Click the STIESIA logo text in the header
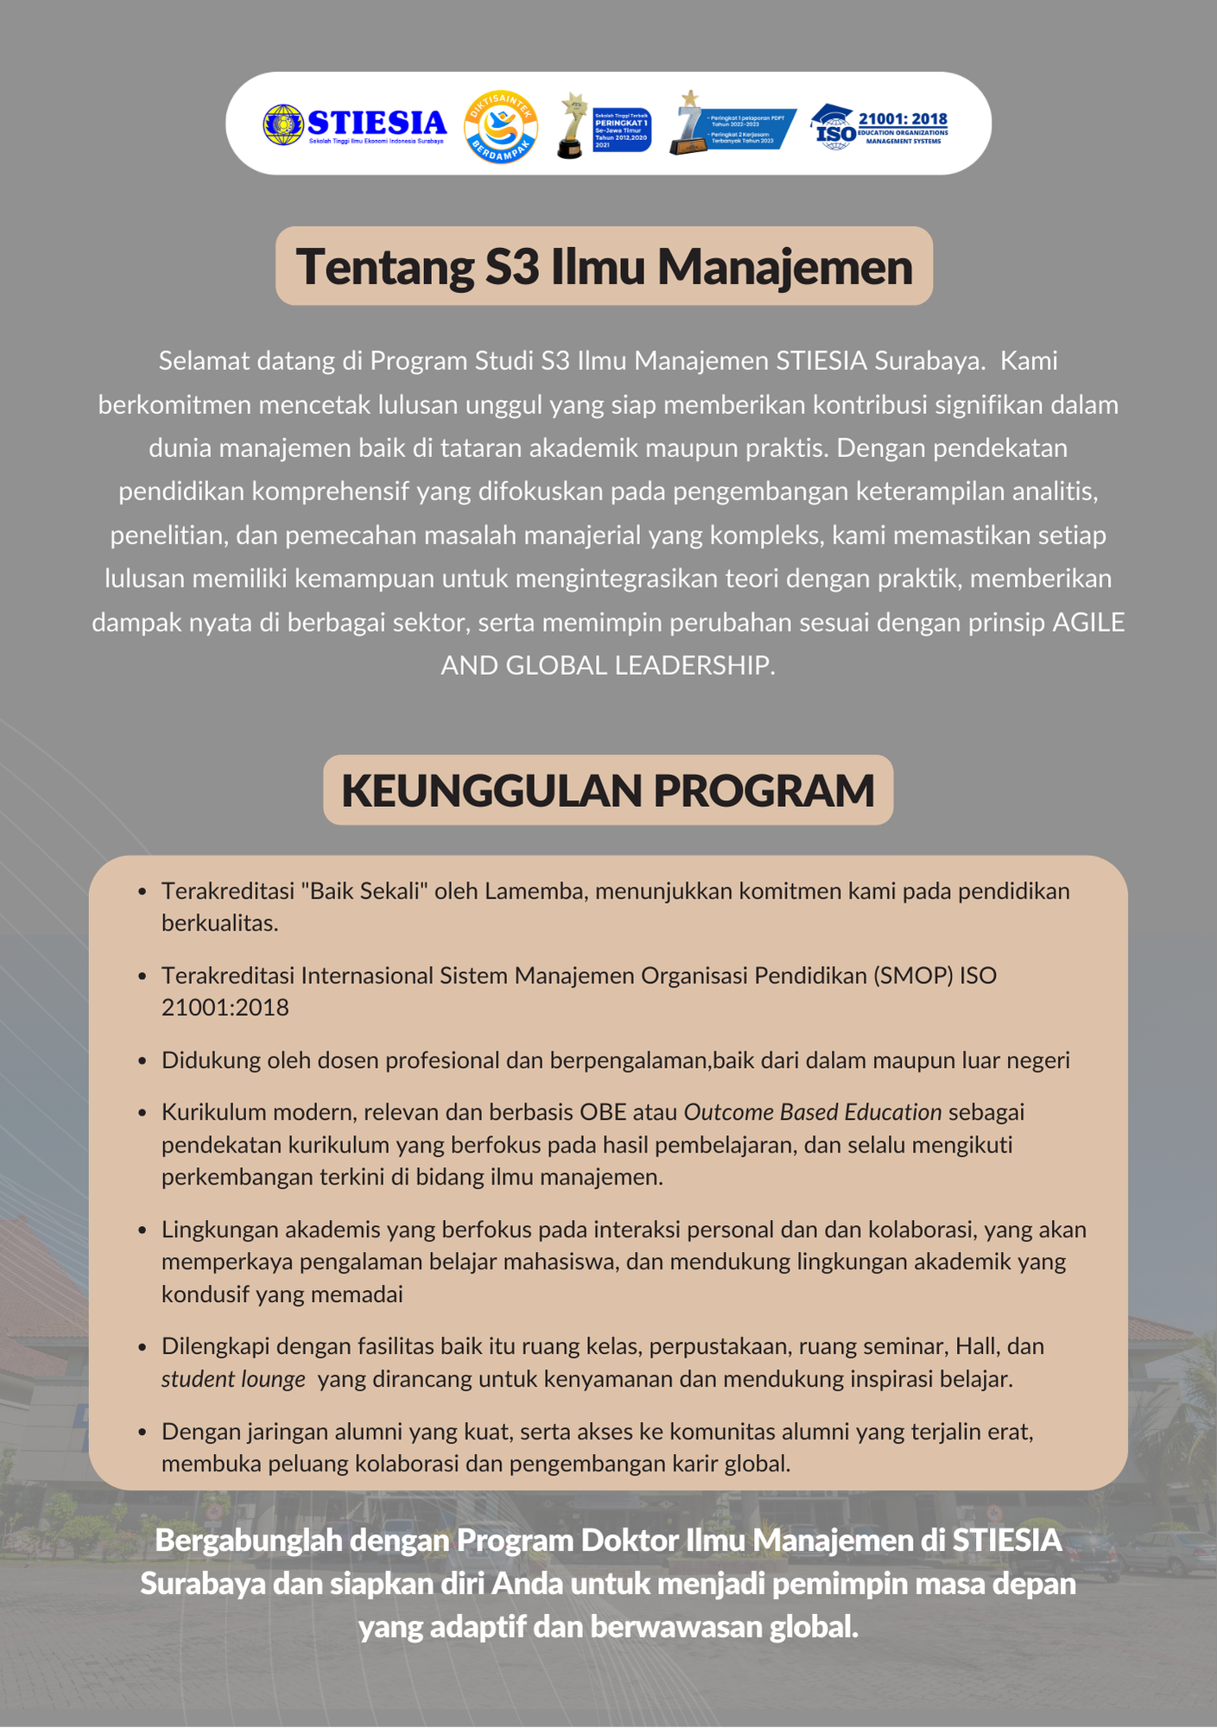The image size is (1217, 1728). (x=377, y=123)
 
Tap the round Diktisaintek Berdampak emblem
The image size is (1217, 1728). (x=501, y=127)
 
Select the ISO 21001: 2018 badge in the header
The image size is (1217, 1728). (x=880, y=127)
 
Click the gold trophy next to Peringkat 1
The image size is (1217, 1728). (x=571, y=127)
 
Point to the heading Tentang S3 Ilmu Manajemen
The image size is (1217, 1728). (x=604, y=266)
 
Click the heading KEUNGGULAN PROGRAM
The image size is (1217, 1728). (x=608, y=791)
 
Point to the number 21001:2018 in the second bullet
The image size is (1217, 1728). (x=225, y=1007)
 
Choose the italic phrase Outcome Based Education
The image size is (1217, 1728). (x=812, y=1112)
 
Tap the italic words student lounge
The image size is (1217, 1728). (x=233, y=1379)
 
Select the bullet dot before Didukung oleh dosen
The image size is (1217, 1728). (x=143, y=1061)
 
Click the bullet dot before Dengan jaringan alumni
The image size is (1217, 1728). (x=143, y=1433)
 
